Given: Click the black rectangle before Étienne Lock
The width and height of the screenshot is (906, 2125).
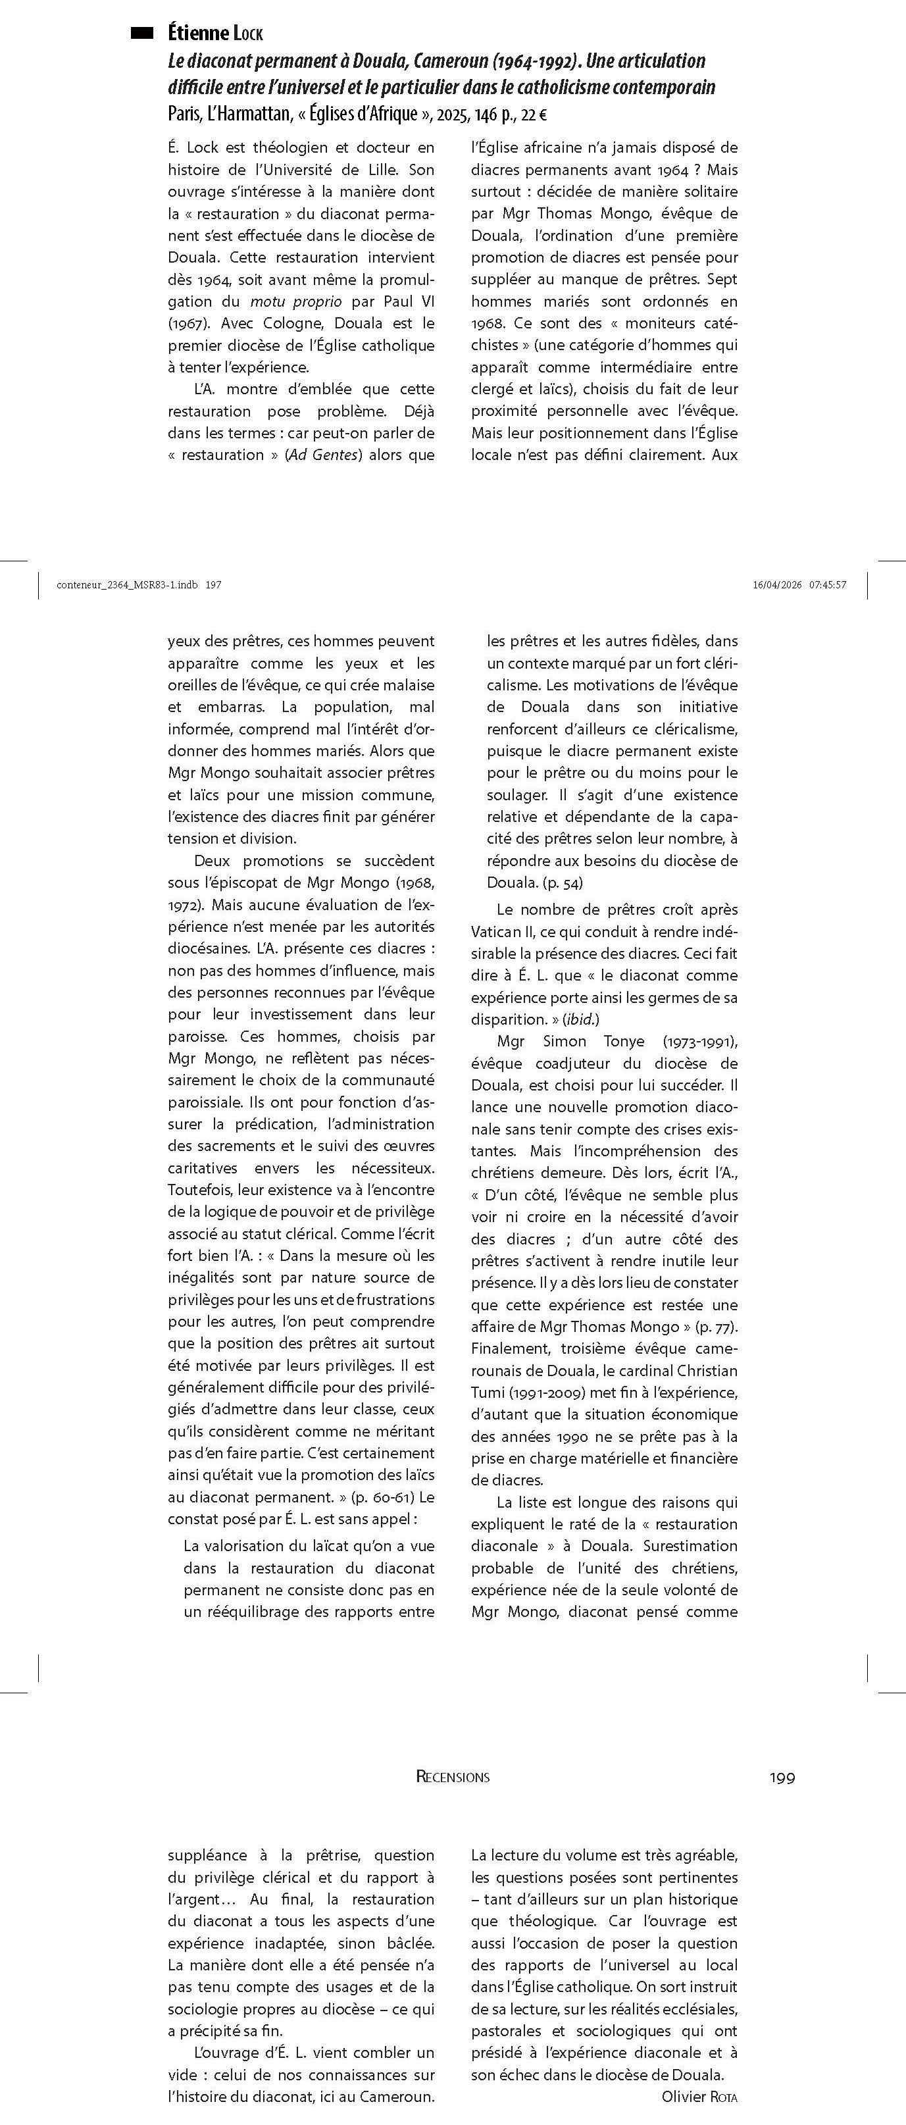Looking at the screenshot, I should [142, 33].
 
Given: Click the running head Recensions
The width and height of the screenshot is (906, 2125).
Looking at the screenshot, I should [453, 1777].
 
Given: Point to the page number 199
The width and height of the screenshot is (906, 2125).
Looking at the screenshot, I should [782, 1777].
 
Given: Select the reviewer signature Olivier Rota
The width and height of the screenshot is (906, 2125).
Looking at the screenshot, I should [699, 2096].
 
